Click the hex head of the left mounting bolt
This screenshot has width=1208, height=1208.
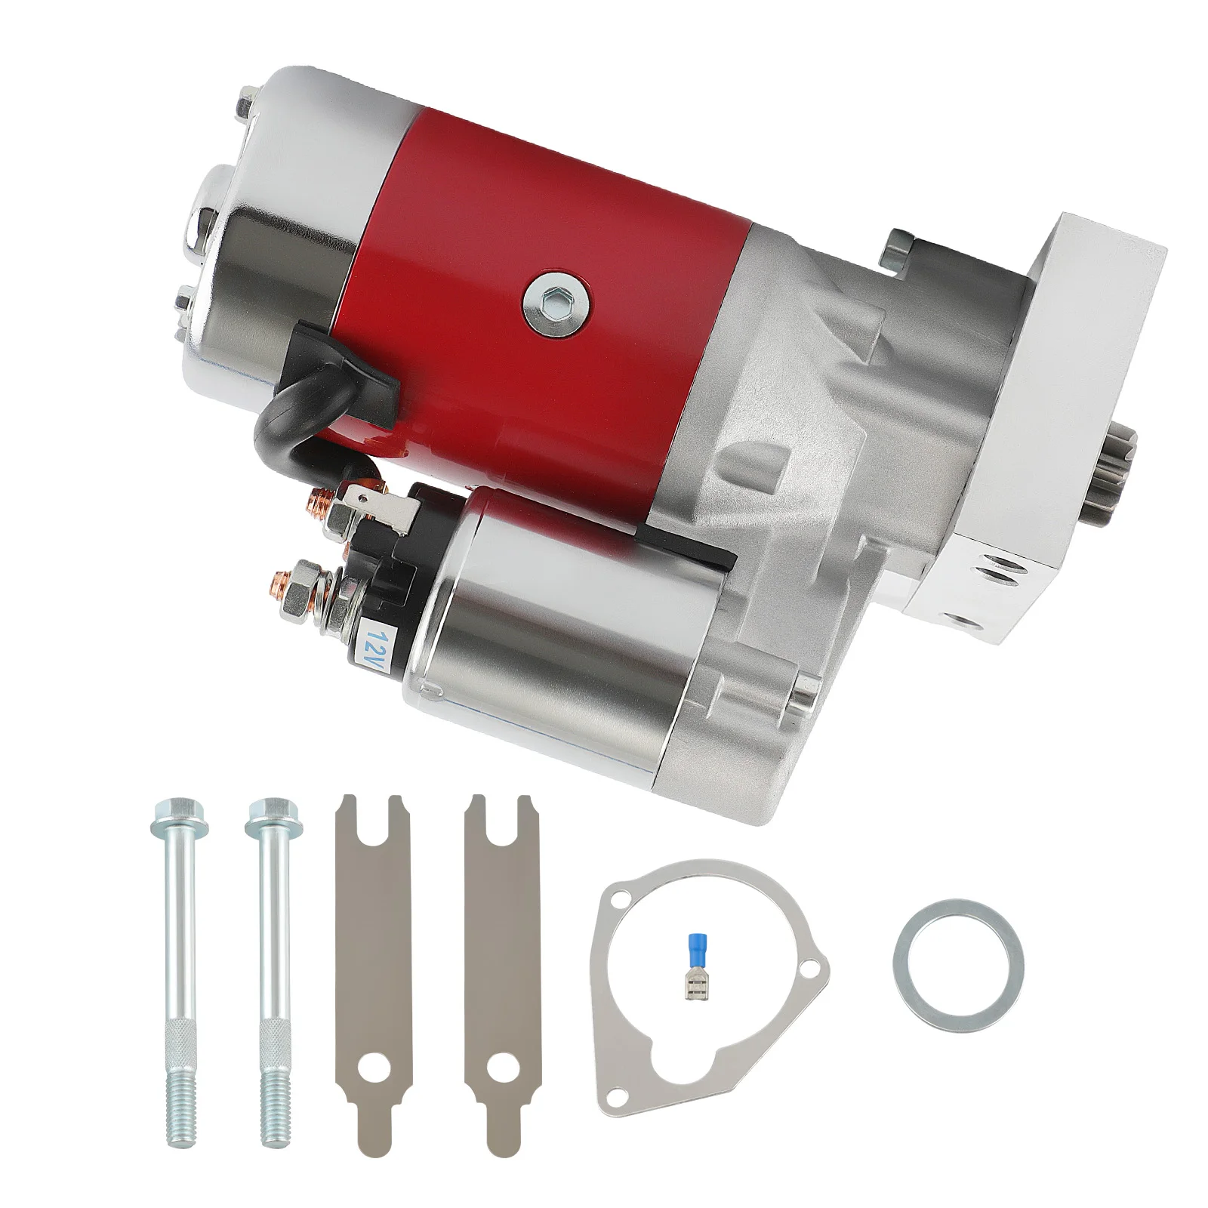pyautogui.click(x=164, y=814)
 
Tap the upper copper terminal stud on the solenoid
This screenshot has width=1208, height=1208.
pyautogui.click(x=322, y=501)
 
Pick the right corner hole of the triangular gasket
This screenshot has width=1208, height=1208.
pyautogui.click(x=812, y=965)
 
